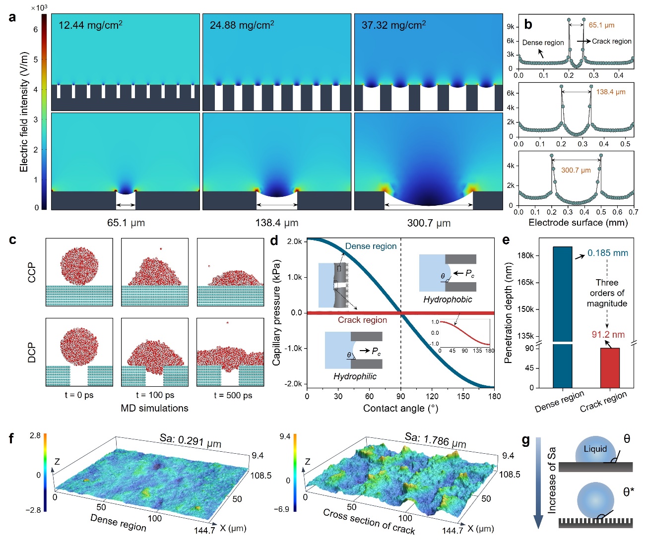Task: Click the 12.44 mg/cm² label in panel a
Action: click(90, 25)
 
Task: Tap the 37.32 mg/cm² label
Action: click(393, 25)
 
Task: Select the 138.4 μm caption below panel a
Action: click(277, 223)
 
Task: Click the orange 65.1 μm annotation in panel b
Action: click(601, 25)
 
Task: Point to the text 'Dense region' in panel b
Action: click(543, 43)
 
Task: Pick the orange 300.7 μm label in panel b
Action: click(576, 170)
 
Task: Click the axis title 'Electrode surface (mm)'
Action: click(578, 223)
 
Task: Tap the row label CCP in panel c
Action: click(32, 272)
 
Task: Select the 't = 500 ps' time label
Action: click(233, 395)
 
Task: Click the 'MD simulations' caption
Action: click(154, 408)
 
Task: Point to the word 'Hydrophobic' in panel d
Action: click(448, 300)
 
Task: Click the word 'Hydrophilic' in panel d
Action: click(355, 376)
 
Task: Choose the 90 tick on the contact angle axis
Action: click(400, 396)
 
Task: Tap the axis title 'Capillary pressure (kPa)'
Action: click(276, 312)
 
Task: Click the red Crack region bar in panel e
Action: click(610, 367)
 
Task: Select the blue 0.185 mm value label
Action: click(607, 253)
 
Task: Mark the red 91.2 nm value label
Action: click(608, 335)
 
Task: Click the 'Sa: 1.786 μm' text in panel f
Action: click(435, 440)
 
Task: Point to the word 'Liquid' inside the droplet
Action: click(595, 449)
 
